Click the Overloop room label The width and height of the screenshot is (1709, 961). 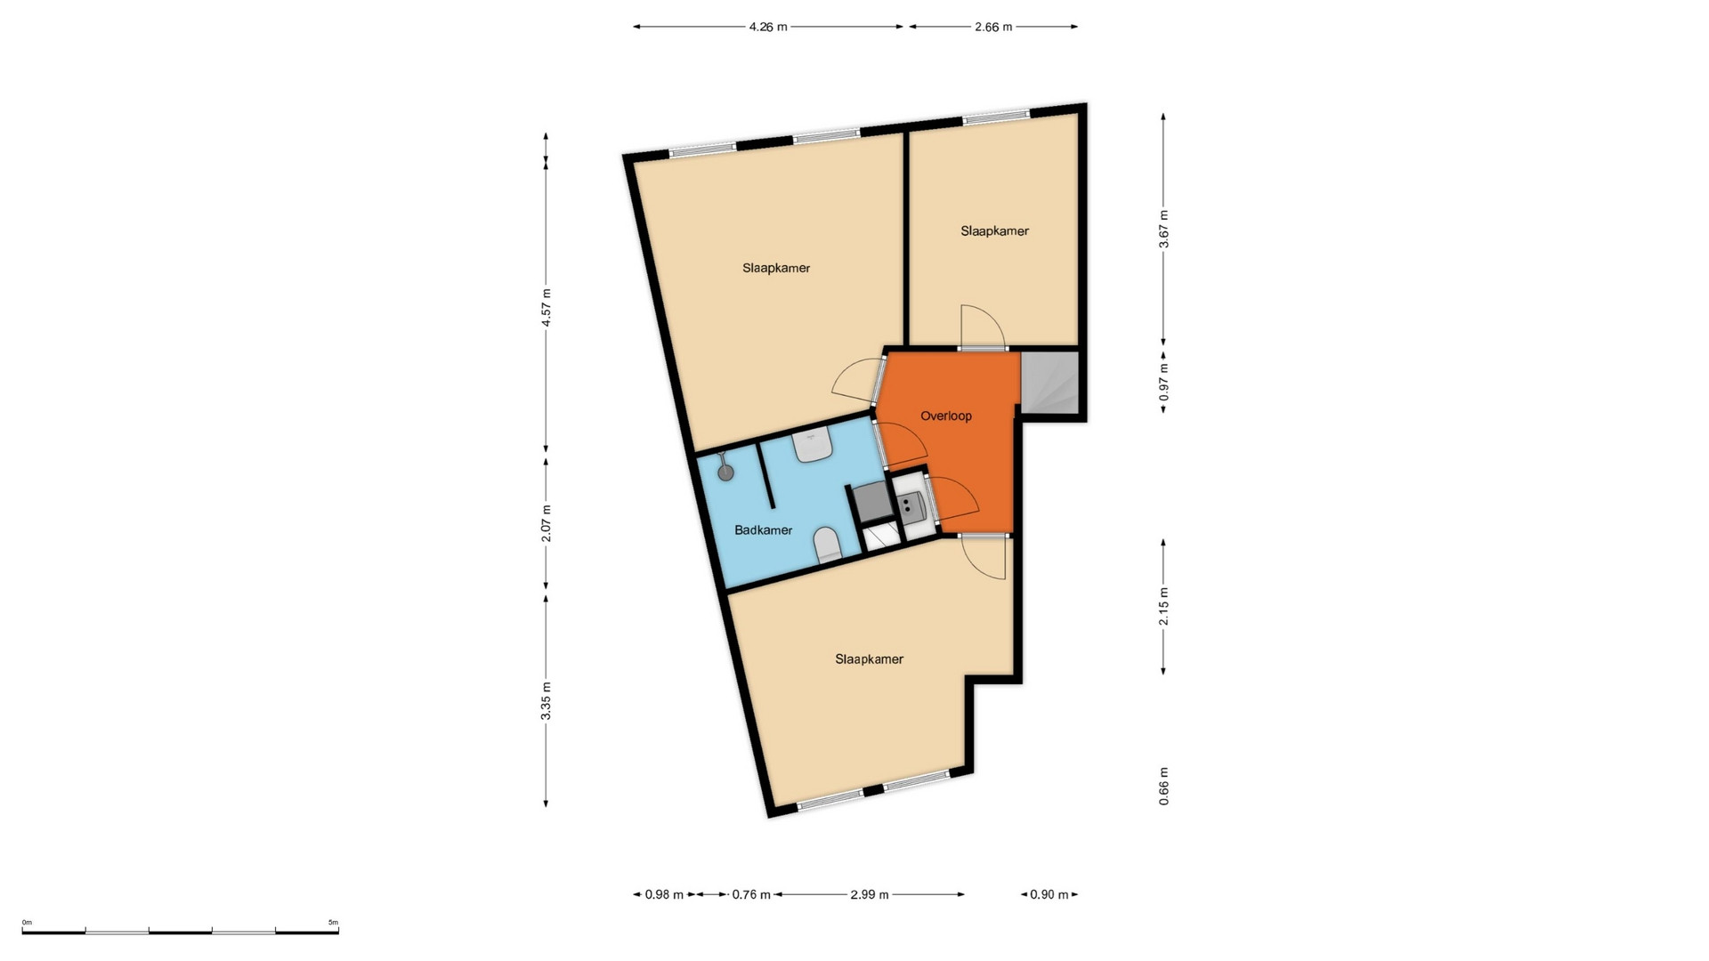point(946,416)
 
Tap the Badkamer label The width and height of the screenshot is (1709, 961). point(763,530)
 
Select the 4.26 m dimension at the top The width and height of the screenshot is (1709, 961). point(768,27)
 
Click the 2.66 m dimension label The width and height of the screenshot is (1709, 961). point(993,27)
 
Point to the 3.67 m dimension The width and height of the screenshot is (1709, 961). point(1163,230)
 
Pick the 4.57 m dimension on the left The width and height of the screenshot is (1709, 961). point(547,308)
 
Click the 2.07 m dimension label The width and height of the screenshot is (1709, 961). point(547,523)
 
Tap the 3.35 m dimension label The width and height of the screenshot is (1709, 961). point(547,700)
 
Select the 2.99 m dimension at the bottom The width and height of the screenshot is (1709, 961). point(870,894)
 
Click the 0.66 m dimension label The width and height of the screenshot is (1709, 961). point(1163,787)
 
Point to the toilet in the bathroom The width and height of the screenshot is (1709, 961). point(828,544)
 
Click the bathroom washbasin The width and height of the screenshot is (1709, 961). point(813,443)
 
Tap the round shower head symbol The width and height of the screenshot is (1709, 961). point(726,472)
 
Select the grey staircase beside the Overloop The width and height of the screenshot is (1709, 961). point(1050,383)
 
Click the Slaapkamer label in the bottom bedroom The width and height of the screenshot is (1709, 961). point(869,659)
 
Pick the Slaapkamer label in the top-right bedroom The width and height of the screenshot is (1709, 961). point(994,231)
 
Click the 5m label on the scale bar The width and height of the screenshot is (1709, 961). point(333,923)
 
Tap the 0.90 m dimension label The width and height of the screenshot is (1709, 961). point(1049,894)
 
